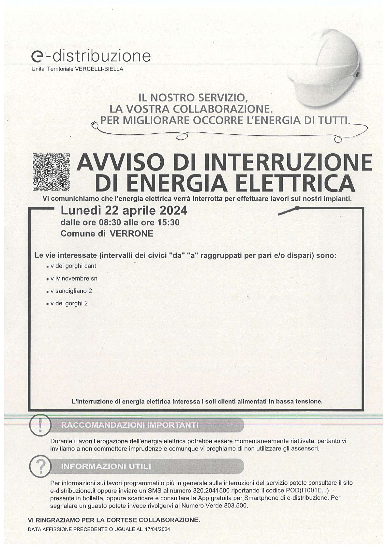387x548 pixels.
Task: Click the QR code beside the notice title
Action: pos(51,172)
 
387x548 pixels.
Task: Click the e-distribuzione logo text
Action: pos(91,56)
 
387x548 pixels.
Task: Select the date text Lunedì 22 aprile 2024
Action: pos(124,210)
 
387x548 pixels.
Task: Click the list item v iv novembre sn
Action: pos(74,279)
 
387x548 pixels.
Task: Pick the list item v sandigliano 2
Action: pos(71,291)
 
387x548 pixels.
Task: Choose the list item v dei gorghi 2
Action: pos(69,303)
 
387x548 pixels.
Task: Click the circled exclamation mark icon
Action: pos(40,426)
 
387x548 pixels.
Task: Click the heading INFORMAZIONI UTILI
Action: pos(106,467)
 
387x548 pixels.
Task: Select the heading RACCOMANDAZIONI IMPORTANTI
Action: pos(130,425)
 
